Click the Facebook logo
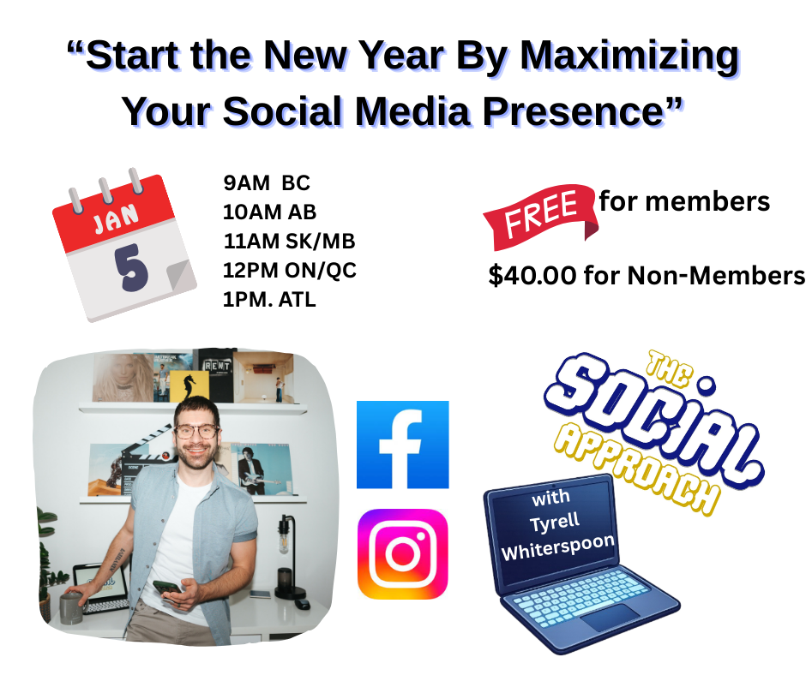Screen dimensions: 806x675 tap(402, 445)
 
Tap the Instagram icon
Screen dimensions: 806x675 tap(402, 554)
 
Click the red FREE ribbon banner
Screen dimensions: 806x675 tap(540, 217)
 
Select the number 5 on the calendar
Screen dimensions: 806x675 tap(131, 267)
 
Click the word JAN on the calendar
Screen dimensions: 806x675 tap(116, 218)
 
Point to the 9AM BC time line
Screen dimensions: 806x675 tap(267, 182)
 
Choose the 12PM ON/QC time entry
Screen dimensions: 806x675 tap(290, 270)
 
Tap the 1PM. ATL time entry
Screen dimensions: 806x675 tap(269, 300)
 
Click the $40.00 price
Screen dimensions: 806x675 tap(532, 275)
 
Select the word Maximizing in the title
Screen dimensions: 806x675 tap(629, 57)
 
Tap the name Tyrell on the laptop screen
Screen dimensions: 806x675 tap(555, 523)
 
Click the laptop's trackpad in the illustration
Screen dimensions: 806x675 tap(611, 617)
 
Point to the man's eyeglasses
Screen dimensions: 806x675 tap(197, 431)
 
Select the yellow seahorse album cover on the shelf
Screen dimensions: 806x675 tap(189, 385)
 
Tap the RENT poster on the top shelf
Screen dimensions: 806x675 tap(216, 375)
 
